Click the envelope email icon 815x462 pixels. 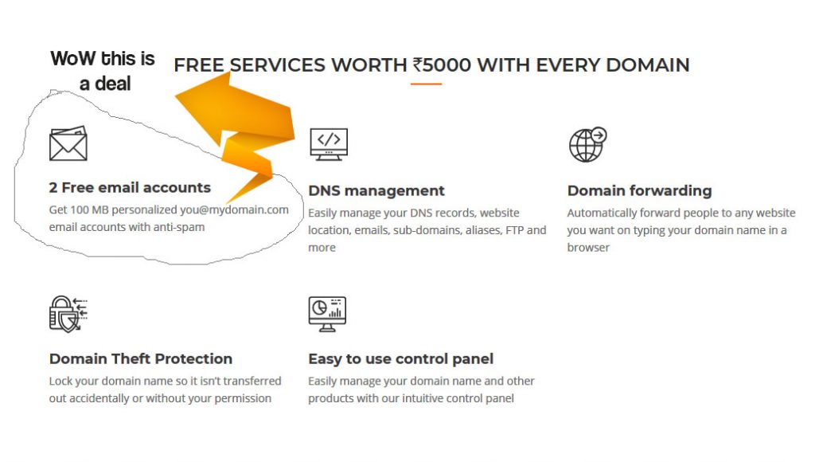(68, 143)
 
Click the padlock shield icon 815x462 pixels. (68, 314)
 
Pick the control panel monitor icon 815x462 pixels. (327, 314)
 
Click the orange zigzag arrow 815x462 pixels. (239, 133)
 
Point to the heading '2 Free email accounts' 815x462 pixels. (130, 187)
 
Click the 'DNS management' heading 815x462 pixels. (376, 190)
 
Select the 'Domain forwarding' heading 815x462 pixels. (639, 190)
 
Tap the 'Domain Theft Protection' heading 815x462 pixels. (141, 358)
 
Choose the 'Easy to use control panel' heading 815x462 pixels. (401, 358)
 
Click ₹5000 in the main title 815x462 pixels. (442, 65)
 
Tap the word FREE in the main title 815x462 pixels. (198, 65)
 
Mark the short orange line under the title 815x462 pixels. (427, 84)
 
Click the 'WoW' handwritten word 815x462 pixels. (72, 58)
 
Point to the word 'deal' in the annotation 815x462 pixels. (113, 84)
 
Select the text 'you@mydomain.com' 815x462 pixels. (235, 209)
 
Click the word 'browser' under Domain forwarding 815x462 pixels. (588, 247)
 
